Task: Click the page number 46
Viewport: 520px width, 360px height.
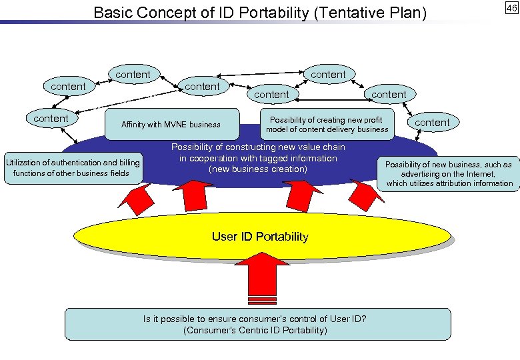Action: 511,8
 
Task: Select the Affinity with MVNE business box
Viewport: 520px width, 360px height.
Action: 171,125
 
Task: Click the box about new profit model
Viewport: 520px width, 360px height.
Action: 327,125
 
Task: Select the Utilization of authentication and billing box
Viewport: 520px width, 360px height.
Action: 72,168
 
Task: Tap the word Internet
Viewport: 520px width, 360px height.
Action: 477,174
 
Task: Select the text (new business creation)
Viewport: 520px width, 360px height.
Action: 258,169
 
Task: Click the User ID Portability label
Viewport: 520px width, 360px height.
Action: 260,237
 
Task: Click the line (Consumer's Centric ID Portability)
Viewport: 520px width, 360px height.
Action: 255,330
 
